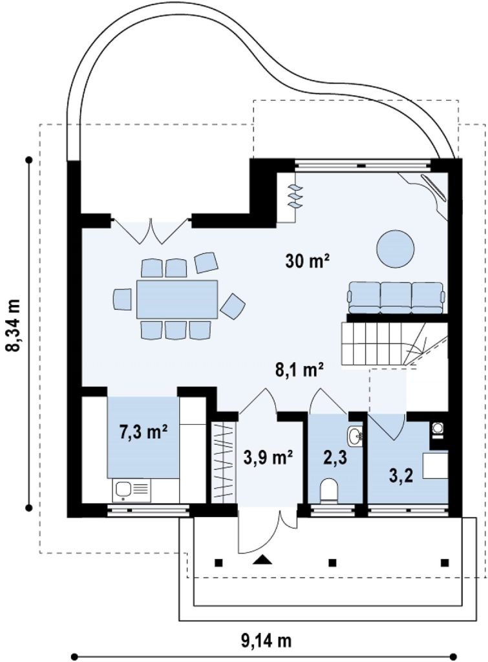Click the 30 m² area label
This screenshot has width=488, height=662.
(x=307, y=261)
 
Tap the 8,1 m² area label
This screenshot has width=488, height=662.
(x=300, y=370)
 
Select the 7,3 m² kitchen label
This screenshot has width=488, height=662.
(x=144, y=432)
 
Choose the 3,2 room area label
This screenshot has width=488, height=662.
(x=401, y=475)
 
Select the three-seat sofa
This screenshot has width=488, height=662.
(x=396, y=297)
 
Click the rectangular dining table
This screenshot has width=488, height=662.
(x=177, y=299)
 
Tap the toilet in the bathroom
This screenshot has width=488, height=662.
(x=329, y=491)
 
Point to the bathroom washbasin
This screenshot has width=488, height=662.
(x=355, y=435)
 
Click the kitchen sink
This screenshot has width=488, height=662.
(x=131, y=490)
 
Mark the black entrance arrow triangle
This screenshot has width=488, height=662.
(x=262, y=559)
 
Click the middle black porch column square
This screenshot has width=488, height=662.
(x=333, y=562)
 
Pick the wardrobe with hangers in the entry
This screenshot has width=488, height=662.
(x=224, y=462)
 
